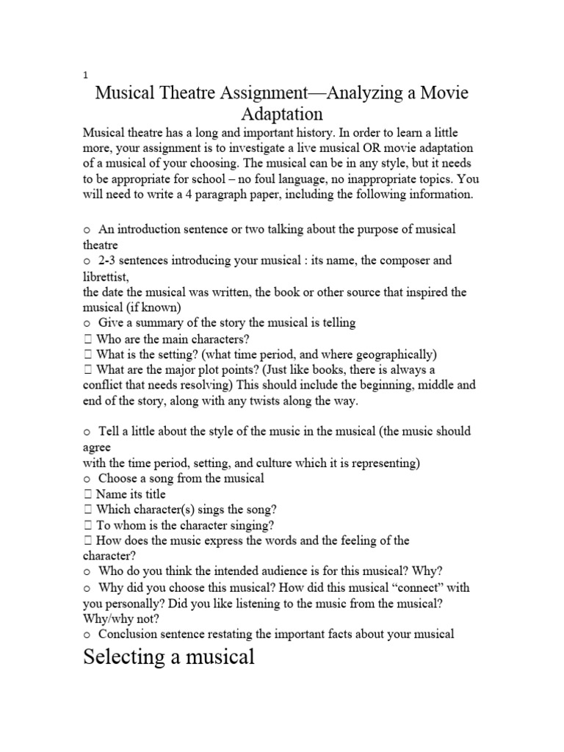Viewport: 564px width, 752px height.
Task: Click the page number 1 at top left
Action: click(x=85, y=76)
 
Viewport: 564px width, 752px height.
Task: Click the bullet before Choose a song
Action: click(x=86, y=479)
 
